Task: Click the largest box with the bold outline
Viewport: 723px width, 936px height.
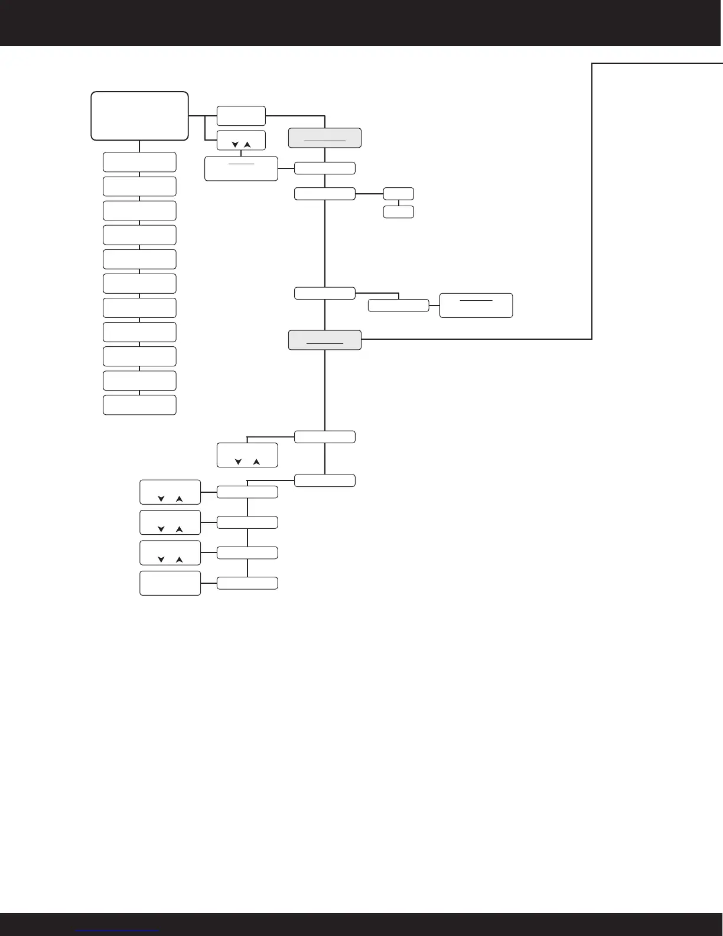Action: point(139,116)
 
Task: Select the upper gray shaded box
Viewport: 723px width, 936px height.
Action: point(325,138)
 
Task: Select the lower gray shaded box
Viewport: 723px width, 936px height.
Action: point(325,340)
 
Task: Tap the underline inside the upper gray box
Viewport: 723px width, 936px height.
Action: point(325,141)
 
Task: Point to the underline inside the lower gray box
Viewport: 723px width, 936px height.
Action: point(325,343)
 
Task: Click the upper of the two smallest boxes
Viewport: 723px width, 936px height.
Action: point(399,193)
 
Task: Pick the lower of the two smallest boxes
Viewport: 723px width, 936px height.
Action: point(399,212)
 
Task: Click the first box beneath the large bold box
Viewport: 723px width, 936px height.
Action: point(139,162)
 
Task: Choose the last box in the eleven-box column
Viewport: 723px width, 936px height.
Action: point(139,405)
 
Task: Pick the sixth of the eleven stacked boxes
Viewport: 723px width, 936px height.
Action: point(139,284)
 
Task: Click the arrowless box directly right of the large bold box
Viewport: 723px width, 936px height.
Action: point(241,116)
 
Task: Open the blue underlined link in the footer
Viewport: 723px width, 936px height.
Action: point(118,931)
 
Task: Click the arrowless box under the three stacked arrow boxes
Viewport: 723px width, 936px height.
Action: point(170,583)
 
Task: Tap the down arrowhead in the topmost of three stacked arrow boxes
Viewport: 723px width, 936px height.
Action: point(161,499)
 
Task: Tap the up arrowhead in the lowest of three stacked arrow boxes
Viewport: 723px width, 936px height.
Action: point(180,560)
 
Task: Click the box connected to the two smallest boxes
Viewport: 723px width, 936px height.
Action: point(325,193)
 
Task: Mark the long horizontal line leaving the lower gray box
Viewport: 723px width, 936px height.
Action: point(473,339)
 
